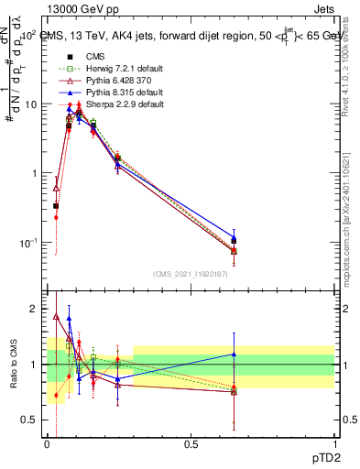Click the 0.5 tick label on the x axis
coord(191,446)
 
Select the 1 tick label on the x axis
coord(334,446)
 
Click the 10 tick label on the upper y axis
coord(32,104)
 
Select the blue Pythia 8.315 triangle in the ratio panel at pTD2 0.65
coord(234,354)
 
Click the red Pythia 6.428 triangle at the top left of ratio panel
coord(57,317)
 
